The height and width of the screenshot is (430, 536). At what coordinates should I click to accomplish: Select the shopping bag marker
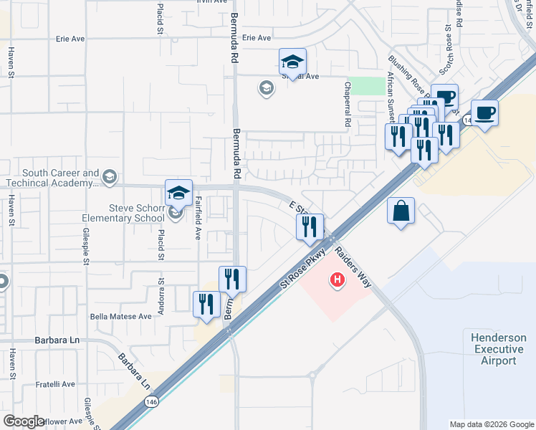[401, 211]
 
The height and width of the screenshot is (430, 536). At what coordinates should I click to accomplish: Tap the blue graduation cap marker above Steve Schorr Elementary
[178, 192]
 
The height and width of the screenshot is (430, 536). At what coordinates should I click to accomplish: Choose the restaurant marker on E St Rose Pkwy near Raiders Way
[310, 227]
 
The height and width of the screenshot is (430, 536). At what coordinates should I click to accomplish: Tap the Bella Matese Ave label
[121, 316]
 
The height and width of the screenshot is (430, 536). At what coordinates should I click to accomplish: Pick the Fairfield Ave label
[198, 218]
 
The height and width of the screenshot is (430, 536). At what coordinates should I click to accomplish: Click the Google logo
[24, 421]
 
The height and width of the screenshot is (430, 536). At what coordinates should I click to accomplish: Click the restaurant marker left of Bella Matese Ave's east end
[206, 304]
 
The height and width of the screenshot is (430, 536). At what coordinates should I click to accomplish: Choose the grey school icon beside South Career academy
[110, 176]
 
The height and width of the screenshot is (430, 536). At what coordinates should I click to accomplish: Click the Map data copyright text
[491, 424]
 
